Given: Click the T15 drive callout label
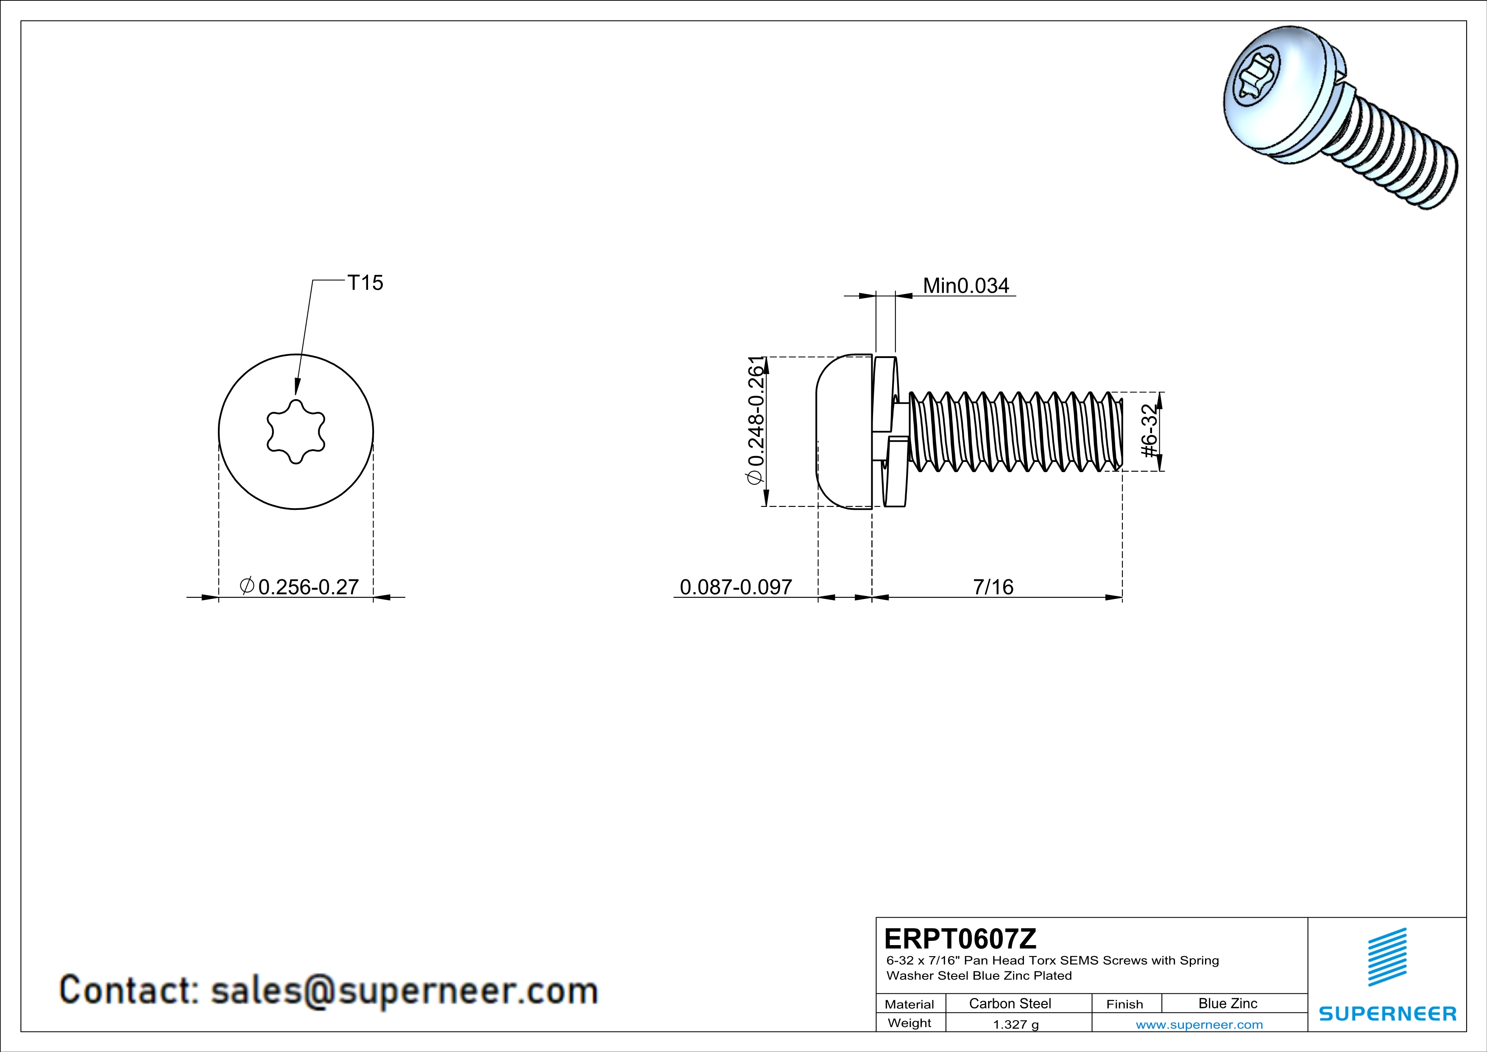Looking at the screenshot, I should click(365, 283).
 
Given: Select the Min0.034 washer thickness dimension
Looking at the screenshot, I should click(965, 285).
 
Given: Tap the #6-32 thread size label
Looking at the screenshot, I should click(1148, 431).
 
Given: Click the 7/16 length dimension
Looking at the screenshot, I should click(993, 587).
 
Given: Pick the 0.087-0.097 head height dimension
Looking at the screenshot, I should click(736, 587).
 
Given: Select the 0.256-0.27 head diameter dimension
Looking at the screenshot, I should click(308, 587).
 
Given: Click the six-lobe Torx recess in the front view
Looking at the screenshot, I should click(296, 431).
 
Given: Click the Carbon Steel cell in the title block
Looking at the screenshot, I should click(1010, 1003).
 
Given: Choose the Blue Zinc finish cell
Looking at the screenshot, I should click(1227, 1003).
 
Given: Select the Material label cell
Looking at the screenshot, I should click(909, 1004).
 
